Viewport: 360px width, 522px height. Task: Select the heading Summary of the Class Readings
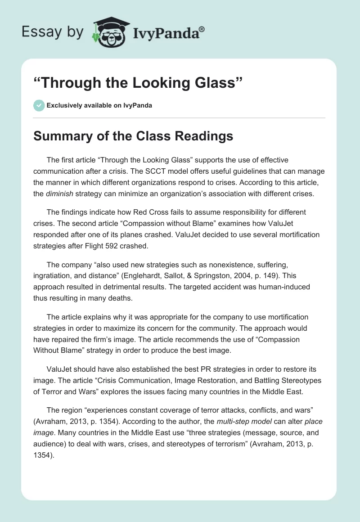133,136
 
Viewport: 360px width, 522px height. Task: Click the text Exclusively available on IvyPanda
99,106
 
